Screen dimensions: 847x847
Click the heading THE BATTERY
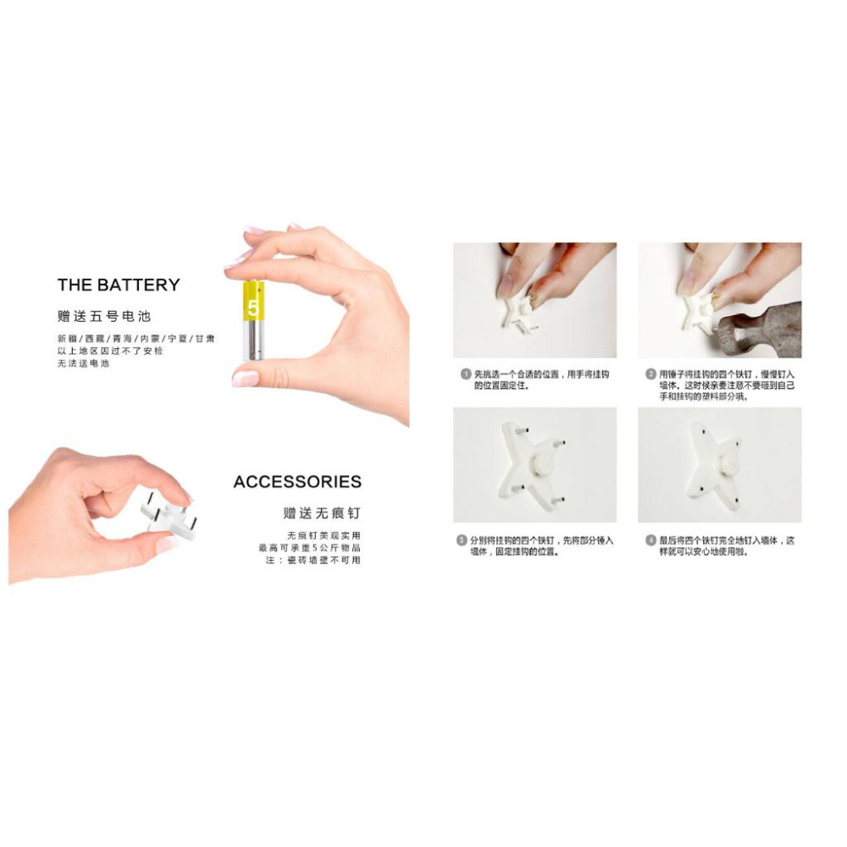coord(119,285)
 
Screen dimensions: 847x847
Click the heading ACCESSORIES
coord(297,482)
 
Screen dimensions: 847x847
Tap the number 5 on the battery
coord(252,307)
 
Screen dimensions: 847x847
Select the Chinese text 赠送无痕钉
coord(322,512)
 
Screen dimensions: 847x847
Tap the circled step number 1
coord(465,374)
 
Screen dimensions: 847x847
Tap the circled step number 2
coord(650,374)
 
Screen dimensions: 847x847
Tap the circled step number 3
coord(462,540)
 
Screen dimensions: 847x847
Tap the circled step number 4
coord(650,540)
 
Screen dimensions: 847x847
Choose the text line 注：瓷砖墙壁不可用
coord(313,560)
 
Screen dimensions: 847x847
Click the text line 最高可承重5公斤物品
coord(309,548)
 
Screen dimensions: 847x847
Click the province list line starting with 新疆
coord(136,339)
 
